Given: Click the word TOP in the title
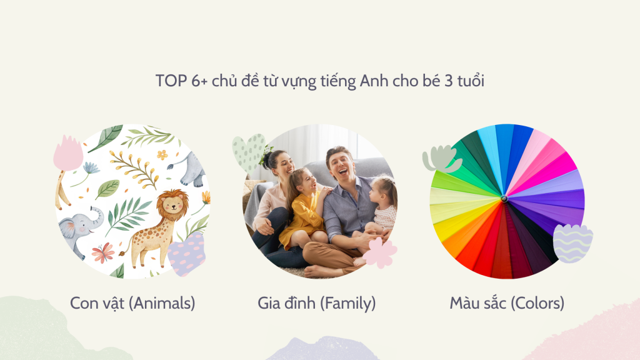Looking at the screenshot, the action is tap(171, 81).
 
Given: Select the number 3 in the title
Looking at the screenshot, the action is tap(448, 81).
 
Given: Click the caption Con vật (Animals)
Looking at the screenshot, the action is tap(132, 303).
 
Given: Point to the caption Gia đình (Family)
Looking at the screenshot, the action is tap(317, 303).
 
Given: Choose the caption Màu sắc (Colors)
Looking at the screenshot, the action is tap(507, 303).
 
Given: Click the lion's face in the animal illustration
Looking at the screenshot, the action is tap(173, 205).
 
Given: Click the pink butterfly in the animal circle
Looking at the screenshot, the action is tap(103, 252).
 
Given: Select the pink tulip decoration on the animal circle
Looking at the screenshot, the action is tap(68, 154).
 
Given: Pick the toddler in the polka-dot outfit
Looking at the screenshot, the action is tap(382, 208).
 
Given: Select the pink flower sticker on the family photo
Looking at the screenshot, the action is tap(380, 252).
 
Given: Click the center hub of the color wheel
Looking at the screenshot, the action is tap(504, 199).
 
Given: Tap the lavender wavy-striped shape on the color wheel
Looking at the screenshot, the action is tap(572, 243).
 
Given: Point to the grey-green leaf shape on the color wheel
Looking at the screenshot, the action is tap(442, 159).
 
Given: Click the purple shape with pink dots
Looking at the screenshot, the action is tap(186, 254).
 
